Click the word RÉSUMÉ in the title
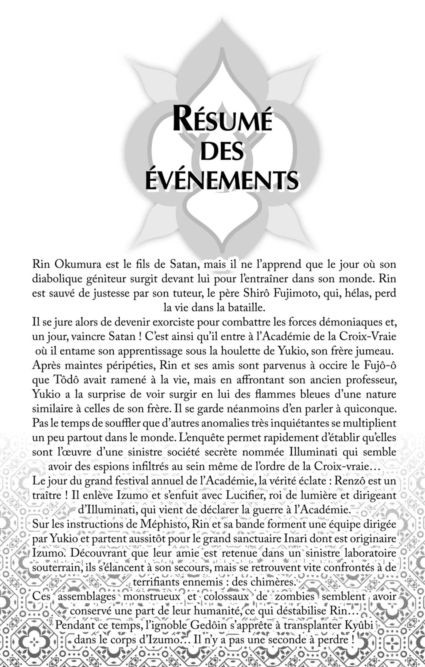click(x=222, y=120)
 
